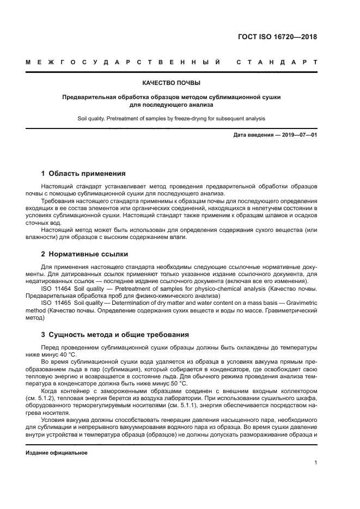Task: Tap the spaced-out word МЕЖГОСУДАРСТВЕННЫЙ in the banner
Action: pos(123,63)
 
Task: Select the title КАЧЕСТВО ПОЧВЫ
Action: pos(171,83)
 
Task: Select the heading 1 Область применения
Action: pos(83,174)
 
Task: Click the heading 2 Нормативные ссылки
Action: pos(85,254)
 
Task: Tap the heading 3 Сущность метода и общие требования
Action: pos(115,334)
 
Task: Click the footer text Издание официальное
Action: pos(57,453)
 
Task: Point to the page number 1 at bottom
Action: pos(315,463)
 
